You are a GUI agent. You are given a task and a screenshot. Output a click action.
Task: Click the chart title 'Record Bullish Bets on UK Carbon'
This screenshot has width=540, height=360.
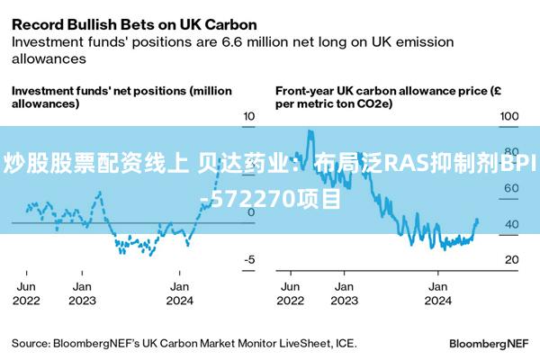pyautogui.click(x=134, y=25)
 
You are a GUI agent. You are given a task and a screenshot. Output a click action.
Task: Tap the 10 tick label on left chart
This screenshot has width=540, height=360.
pyautogui.click(x=249, y=116)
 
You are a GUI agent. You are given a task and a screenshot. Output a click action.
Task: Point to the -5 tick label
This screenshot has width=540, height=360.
pyautogui.click(x=249, y=259)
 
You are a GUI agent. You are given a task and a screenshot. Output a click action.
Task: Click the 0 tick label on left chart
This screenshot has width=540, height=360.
pyautogui.click(x=251, y=212)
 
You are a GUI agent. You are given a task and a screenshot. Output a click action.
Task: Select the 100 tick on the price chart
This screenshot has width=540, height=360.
pyautogui.click(x=509, y=116)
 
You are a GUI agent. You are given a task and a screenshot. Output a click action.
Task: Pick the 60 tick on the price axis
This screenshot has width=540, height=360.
pyautogui.click(x=511, y=188)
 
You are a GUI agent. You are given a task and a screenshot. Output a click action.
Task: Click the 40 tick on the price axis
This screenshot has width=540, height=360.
pyautogui.click(x=512, y=224)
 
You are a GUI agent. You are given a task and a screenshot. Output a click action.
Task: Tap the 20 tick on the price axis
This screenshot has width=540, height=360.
pyautogui.click(x=512, y=259)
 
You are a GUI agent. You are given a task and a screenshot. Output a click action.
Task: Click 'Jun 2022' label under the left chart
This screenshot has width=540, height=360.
pyautogui.click(x=26, y=293)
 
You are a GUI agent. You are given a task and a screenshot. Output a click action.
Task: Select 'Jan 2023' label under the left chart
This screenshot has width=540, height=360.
pyautogui.click(x=82, y=293)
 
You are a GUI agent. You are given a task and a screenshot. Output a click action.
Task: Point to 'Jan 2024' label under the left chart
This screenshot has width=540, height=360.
pyautogui.click(x=179, y=293)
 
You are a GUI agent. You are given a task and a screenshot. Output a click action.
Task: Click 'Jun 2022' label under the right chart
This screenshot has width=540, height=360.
pyautogui.click(x=291, y=293)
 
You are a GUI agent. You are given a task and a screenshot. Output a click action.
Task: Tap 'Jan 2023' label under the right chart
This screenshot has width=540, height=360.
pyautogui.click(x=345, y=293)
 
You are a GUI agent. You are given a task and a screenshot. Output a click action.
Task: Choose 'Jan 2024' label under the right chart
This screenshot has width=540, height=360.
pyautogui.click(x=437, y=293)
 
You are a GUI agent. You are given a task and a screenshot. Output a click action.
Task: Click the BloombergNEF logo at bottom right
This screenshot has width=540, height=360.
pyautogui.click(x=489, y=344)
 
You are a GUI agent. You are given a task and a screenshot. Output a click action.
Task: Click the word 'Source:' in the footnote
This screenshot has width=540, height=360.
pyautogui.click(x=31, y=344)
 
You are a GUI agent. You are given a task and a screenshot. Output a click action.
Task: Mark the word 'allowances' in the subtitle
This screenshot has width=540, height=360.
pyautogui.click(x=49, y=58)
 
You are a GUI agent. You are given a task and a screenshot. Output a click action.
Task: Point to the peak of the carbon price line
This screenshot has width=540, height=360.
pyautogui.click(x=310, y=131)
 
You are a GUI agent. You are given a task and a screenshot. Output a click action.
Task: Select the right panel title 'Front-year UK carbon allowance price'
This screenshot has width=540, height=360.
pyautogui.click(x=382, y=91)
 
